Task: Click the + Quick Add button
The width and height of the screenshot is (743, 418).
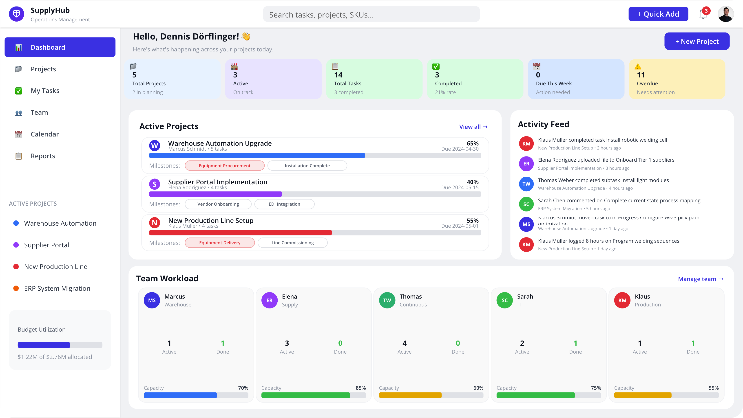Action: (x=658, y=14)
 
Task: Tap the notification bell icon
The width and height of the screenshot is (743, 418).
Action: (x=703, y=14)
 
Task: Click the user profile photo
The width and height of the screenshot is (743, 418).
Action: (x=725, y=14)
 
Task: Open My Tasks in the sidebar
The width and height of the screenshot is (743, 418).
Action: (x=45, y=91)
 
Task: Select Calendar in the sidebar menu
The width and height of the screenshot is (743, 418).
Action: (x=45, y=134)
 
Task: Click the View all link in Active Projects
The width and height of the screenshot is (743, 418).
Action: (x=473, y=127)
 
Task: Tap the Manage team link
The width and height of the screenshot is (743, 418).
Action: (x=700, y=279)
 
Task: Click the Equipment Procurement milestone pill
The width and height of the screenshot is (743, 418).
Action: (x=224, y=166)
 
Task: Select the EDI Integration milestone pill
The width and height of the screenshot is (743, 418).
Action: (x=284, y=204)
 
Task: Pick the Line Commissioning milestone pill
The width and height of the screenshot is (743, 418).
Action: (x=292, y=243)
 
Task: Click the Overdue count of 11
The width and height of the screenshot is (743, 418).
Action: (x=641, y=75)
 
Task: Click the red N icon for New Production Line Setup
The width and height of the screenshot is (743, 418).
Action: (x=155, y=223)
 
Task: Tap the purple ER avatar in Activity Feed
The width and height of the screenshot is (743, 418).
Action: (x=526, y=164)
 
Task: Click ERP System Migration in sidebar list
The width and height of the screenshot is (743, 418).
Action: (x=57, y=288)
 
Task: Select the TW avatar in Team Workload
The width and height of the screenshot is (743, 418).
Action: (x=387, y=300)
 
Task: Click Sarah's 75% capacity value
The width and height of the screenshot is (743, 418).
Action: (x=596, y=388)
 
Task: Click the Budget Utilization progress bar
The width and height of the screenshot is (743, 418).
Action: (x=60, y=345)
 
